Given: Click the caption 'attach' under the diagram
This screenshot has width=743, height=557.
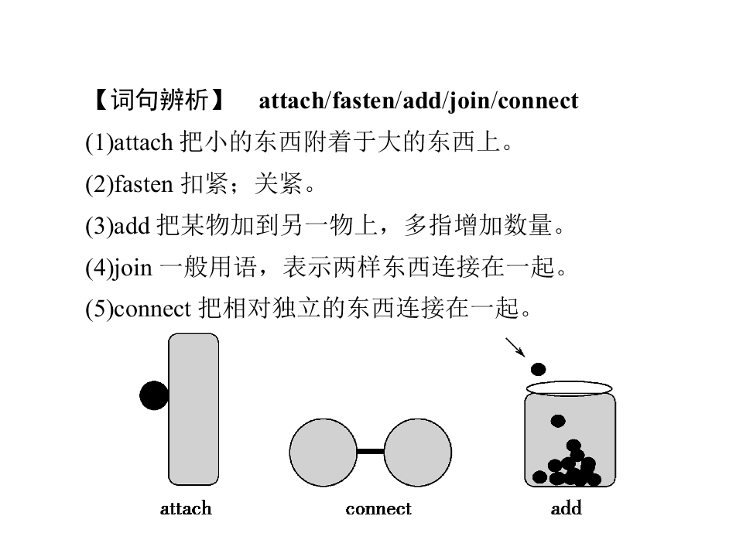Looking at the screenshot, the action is (x=186, y=508).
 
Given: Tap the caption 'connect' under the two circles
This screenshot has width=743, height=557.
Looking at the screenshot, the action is (x=378, y=509).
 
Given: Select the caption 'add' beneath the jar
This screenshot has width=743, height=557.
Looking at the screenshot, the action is (x=567, y=508).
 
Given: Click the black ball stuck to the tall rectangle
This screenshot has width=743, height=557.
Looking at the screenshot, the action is (x=154, y=395).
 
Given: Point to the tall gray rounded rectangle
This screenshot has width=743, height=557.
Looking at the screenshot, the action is (x=193, y=409).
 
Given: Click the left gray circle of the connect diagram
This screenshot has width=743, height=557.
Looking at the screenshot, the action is (x=324, y=453).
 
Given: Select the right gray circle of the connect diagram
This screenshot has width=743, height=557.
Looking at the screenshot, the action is (x=417, y=453).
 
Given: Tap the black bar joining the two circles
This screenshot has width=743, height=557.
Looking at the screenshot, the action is (x=371, y=451).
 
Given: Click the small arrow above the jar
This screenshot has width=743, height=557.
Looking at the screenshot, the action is (x=515, y=347).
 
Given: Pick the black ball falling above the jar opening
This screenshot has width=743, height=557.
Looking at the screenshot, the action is (x=539, y=369).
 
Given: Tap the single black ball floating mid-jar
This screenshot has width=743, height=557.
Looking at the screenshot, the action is (x=558, y=421).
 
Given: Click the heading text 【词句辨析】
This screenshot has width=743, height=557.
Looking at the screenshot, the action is (x=159, y=100).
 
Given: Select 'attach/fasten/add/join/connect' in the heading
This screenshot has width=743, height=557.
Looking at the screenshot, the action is (x=419, y=101).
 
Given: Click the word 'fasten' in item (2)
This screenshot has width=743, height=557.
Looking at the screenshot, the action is (x=144, y=184).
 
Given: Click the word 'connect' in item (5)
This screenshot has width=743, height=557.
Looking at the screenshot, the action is (x=152, y=309).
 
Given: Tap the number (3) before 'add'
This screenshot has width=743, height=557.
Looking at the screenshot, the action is (x=100, y=226).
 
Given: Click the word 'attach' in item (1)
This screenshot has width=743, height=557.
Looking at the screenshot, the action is (x=144, y=142).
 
